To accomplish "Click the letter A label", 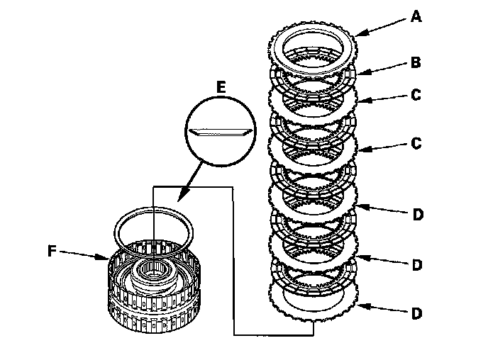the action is [416, 16].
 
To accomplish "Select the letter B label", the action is [416, 62].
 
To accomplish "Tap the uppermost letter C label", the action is [416, 95].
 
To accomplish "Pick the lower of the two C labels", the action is [416, 143].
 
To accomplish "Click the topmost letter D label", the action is [418, 215].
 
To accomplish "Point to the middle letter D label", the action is [417, 265].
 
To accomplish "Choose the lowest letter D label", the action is [417, 313].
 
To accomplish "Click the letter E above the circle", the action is [221, 87].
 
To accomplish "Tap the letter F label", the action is [52, 251].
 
